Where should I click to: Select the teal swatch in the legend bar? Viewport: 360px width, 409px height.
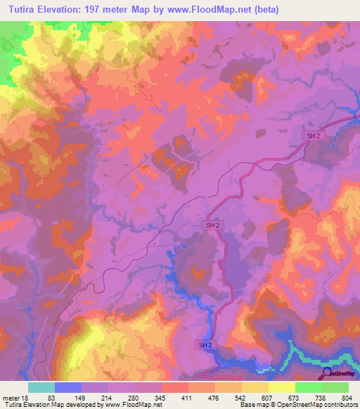click(x=41, y=387)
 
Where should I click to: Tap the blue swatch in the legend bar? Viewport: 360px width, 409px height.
click(x=68, y=387)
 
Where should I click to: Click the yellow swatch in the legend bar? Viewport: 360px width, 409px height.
click(x=281, y=387)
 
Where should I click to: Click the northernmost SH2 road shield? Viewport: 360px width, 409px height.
click(x=314, y=136)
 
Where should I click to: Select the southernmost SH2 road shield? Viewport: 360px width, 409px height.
click(x=203, y=345)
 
